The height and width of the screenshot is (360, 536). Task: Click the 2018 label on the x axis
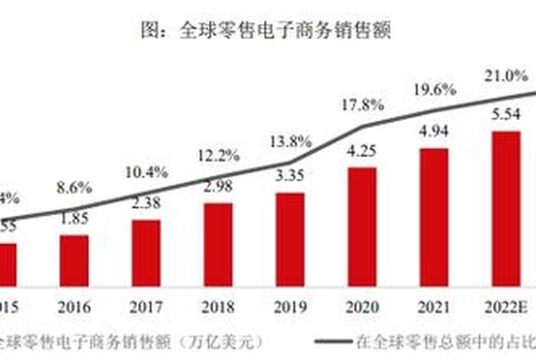pyautogui.click(x=218, y=307)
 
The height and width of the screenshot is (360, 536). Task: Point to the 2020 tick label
pyautogui.click(x=362, y=307)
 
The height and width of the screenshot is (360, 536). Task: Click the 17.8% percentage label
pyautogui.click(x=362, y=104)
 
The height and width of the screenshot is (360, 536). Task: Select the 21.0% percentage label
pyautogui.click(x=505, y=76)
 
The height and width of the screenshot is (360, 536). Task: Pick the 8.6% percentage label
pyautogui.click(x=74, y=187)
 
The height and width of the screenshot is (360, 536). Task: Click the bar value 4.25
pyautogui.click(x=361, y=151)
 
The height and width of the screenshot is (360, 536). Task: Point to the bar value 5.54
pyautogui.click(x=506, y=114)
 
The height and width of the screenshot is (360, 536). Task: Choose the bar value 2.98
pyautogui.click(x=217, y=188)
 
